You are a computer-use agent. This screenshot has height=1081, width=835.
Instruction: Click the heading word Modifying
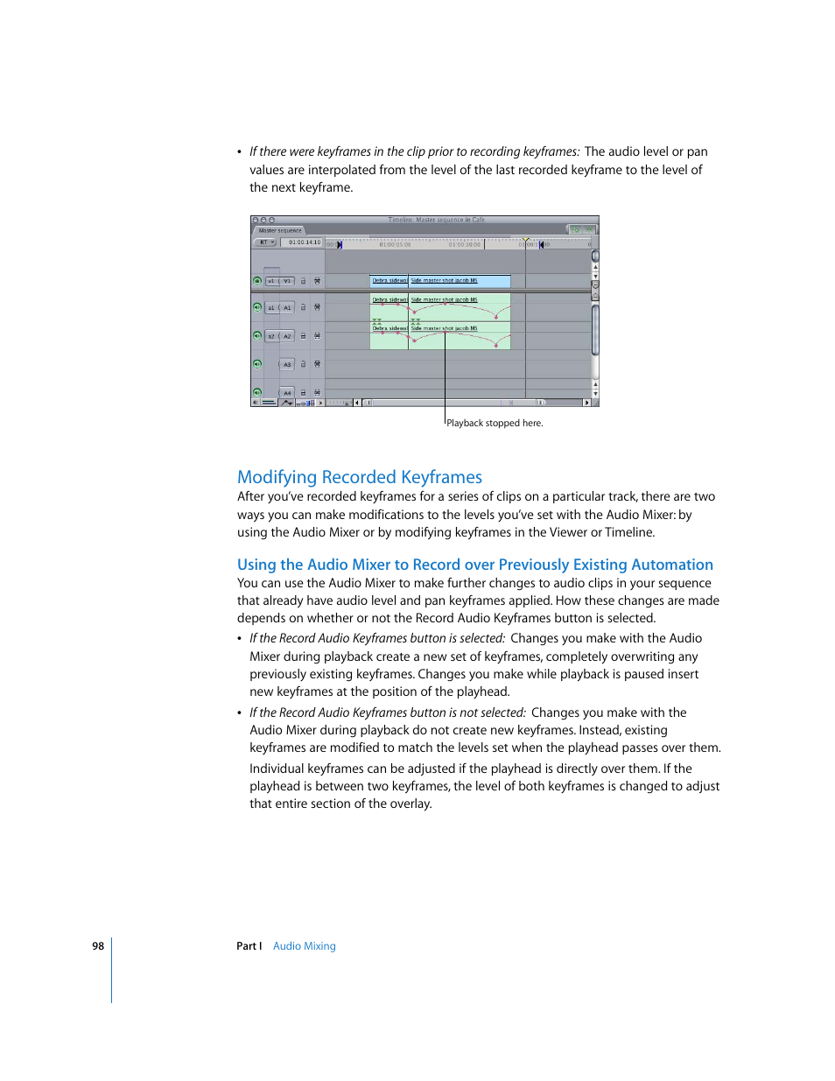click(277, 477)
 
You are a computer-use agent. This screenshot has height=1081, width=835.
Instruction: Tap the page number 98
click(98, 946)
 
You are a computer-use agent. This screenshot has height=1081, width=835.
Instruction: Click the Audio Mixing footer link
click(304, 946)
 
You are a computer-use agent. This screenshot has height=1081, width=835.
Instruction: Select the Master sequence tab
click(280, 231)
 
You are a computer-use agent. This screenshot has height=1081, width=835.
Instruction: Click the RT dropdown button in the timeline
click(265, 242)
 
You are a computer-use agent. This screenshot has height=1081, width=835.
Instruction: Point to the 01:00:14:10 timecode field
click(305, 242)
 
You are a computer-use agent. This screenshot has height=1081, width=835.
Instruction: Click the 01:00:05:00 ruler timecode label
click(395, 245)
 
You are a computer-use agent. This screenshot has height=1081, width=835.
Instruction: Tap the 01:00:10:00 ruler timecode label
click(464, 245)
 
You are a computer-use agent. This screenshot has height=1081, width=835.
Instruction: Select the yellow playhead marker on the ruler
click(525, 239)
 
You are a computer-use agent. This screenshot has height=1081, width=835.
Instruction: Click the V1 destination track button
click(287, 281)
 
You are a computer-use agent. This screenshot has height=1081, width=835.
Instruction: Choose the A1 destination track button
click(287, 308)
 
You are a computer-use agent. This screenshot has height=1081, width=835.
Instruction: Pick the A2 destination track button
click(287, 336)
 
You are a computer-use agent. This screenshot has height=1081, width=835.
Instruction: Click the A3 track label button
click(287, 364)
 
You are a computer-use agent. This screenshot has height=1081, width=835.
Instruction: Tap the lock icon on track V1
click(304, 281)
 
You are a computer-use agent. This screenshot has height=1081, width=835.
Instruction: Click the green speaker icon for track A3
click(257, 364)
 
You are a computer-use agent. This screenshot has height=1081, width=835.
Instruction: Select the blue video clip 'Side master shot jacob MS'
click(460, 281)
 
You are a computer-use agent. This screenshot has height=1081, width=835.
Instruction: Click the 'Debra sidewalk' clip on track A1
click(389, 299)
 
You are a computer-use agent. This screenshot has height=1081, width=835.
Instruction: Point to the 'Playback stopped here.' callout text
click(495, 424)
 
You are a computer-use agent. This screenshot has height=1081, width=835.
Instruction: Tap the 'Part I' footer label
click(249, 946)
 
